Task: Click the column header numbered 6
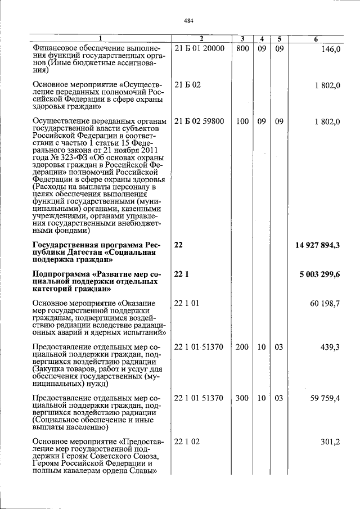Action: (x=316, y=39)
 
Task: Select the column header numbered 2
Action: (x=200, y=39)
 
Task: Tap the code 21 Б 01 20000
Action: (x=200, y=49)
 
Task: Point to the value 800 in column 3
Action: (x=242, y=49)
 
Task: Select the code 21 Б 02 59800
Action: (x=200, y=121)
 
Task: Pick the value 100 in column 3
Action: (x=242, y=121)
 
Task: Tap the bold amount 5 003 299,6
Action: (x=320, y=274)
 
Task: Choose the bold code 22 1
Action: (x=180, y=274)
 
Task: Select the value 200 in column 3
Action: (x=242, y=347)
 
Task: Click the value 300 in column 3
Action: (x=242, y=398)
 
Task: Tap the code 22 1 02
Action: (x=187, y=442)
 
